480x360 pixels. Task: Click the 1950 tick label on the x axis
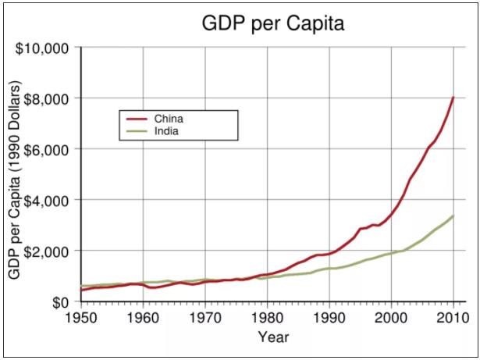(80, 318)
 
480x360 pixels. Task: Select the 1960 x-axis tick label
(143, 318)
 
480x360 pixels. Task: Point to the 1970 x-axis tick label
(205, 318)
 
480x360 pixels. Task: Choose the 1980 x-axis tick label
(268, 318)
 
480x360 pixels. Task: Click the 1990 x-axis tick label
(330, 318)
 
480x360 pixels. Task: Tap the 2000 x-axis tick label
(392, 318)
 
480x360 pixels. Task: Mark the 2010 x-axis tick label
(453, 318)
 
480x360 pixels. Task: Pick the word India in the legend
(168, 131)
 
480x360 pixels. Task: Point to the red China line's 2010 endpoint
(453, 98)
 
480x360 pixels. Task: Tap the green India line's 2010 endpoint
(453, 216)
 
